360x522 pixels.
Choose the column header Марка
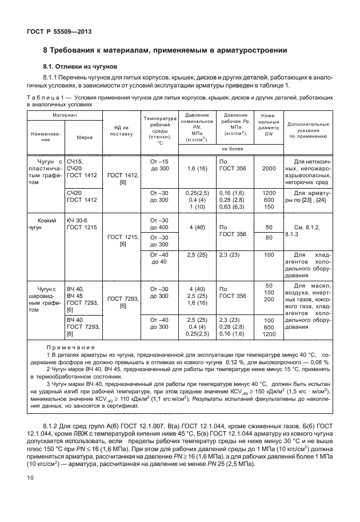click(x=77, y=137)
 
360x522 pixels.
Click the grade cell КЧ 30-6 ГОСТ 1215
click(x=80, y=224)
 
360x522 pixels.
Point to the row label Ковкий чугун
click(x=45, y=224)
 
